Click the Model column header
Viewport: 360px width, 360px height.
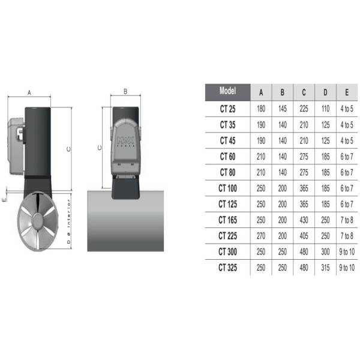click(x=227, y=91)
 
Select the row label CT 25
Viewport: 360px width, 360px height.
click(x=227, y=109)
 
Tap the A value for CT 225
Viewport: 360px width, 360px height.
click(x=261, y=236)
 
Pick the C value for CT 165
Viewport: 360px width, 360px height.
click(x=304, y=220)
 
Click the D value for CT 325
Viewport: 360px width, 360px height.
click(x=325, y=268)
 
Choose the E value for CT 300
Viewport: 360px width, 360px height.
click(x=347, y=252)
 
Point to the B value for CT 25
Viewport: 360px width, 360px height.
click(x=283, y=109)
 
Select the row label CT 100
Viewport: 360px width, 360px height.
click(x=227, y=188)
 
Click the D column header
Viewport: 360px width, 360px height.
click(x=325, y=92)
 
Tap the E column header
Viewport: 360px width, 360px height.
click(x=347, y=92)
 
